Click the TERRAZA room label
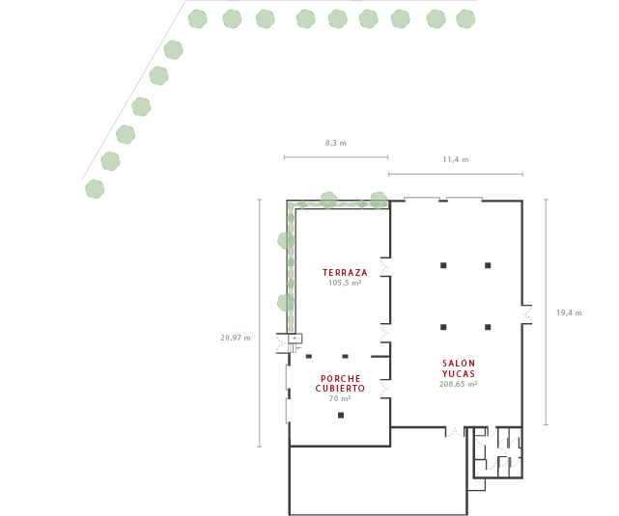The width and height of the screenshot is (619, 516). click(x=345, y=273)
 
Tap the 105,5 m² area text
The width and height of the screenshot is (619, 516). click(x=345, y=283)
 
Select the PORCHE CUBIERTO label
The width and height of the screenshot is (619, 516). click(x=340, y=383)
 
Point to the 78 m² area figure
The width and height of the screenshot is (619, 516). click(x=339, y=397)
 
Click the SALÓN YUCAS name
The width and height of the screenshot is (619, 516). click(x=458, y=367)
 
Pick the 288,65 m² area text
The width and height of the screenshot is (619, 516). click(x=458, y=383)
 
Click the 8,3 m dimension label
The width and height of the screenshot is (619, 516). click(x=335, y=143)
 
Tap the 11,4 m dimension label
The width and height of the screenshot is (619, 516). click(x=455, y=159)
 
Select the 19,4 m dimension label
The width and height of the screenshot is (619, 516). click(x=569, y=312)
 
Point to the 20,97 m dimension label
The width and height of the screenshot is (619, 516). click(x=235, y=338)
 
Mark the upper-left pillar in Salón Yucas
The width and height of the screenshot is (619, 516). click(x=443, y=265)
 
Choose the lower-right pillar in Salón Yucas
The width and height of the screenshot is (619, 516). click(x=489, y=327)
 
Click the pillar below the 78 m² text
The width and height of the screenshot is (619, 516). click(x=341, y=415)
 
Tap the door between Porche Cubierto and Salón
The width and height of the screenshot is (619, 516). click(x=386, y=389)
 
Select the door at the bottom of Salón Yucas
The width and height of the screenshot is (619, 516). click(x=452, y=432)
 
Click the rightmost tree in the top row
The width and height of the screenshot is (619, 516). click(x=465, y=18)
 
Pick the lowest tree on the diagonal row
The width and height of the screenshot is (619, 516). click(x=94, y=189)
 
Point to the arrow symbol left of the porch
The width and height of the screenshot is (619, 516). click(x=295, y=338)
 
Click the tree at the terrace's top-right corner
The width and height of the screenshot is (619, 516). click(x=379, y=200)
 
